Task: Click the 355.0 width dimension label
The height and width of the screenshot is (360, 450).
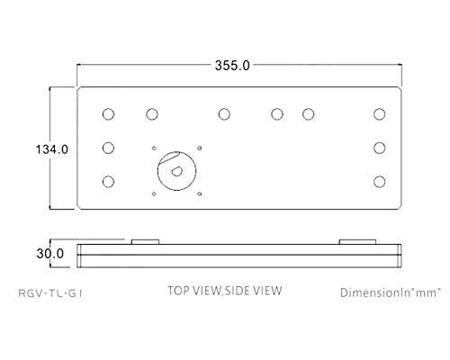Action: coord(232,66)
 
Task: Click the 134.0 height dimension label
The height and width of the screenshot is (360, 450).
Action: coord(52,149)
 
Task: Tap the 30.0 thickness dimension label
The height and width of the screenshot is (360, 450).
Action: coord(50,254)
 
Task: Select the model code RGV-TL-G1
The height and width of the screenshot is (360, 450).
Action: coord(50,293)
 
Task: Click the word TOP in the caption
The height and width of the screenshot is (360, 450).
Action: coord(178,291)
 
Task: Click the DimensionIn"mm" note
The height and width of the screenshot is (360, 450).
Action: coord(390,292)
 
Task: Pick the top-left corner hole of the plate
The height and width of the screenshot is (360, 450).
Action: coord(108,114)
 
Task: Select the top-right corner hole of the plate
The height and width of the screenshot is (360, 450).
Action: coord(380,114)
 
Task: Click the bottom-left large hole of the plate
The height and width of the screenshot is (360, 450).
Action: coord(108,182)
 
